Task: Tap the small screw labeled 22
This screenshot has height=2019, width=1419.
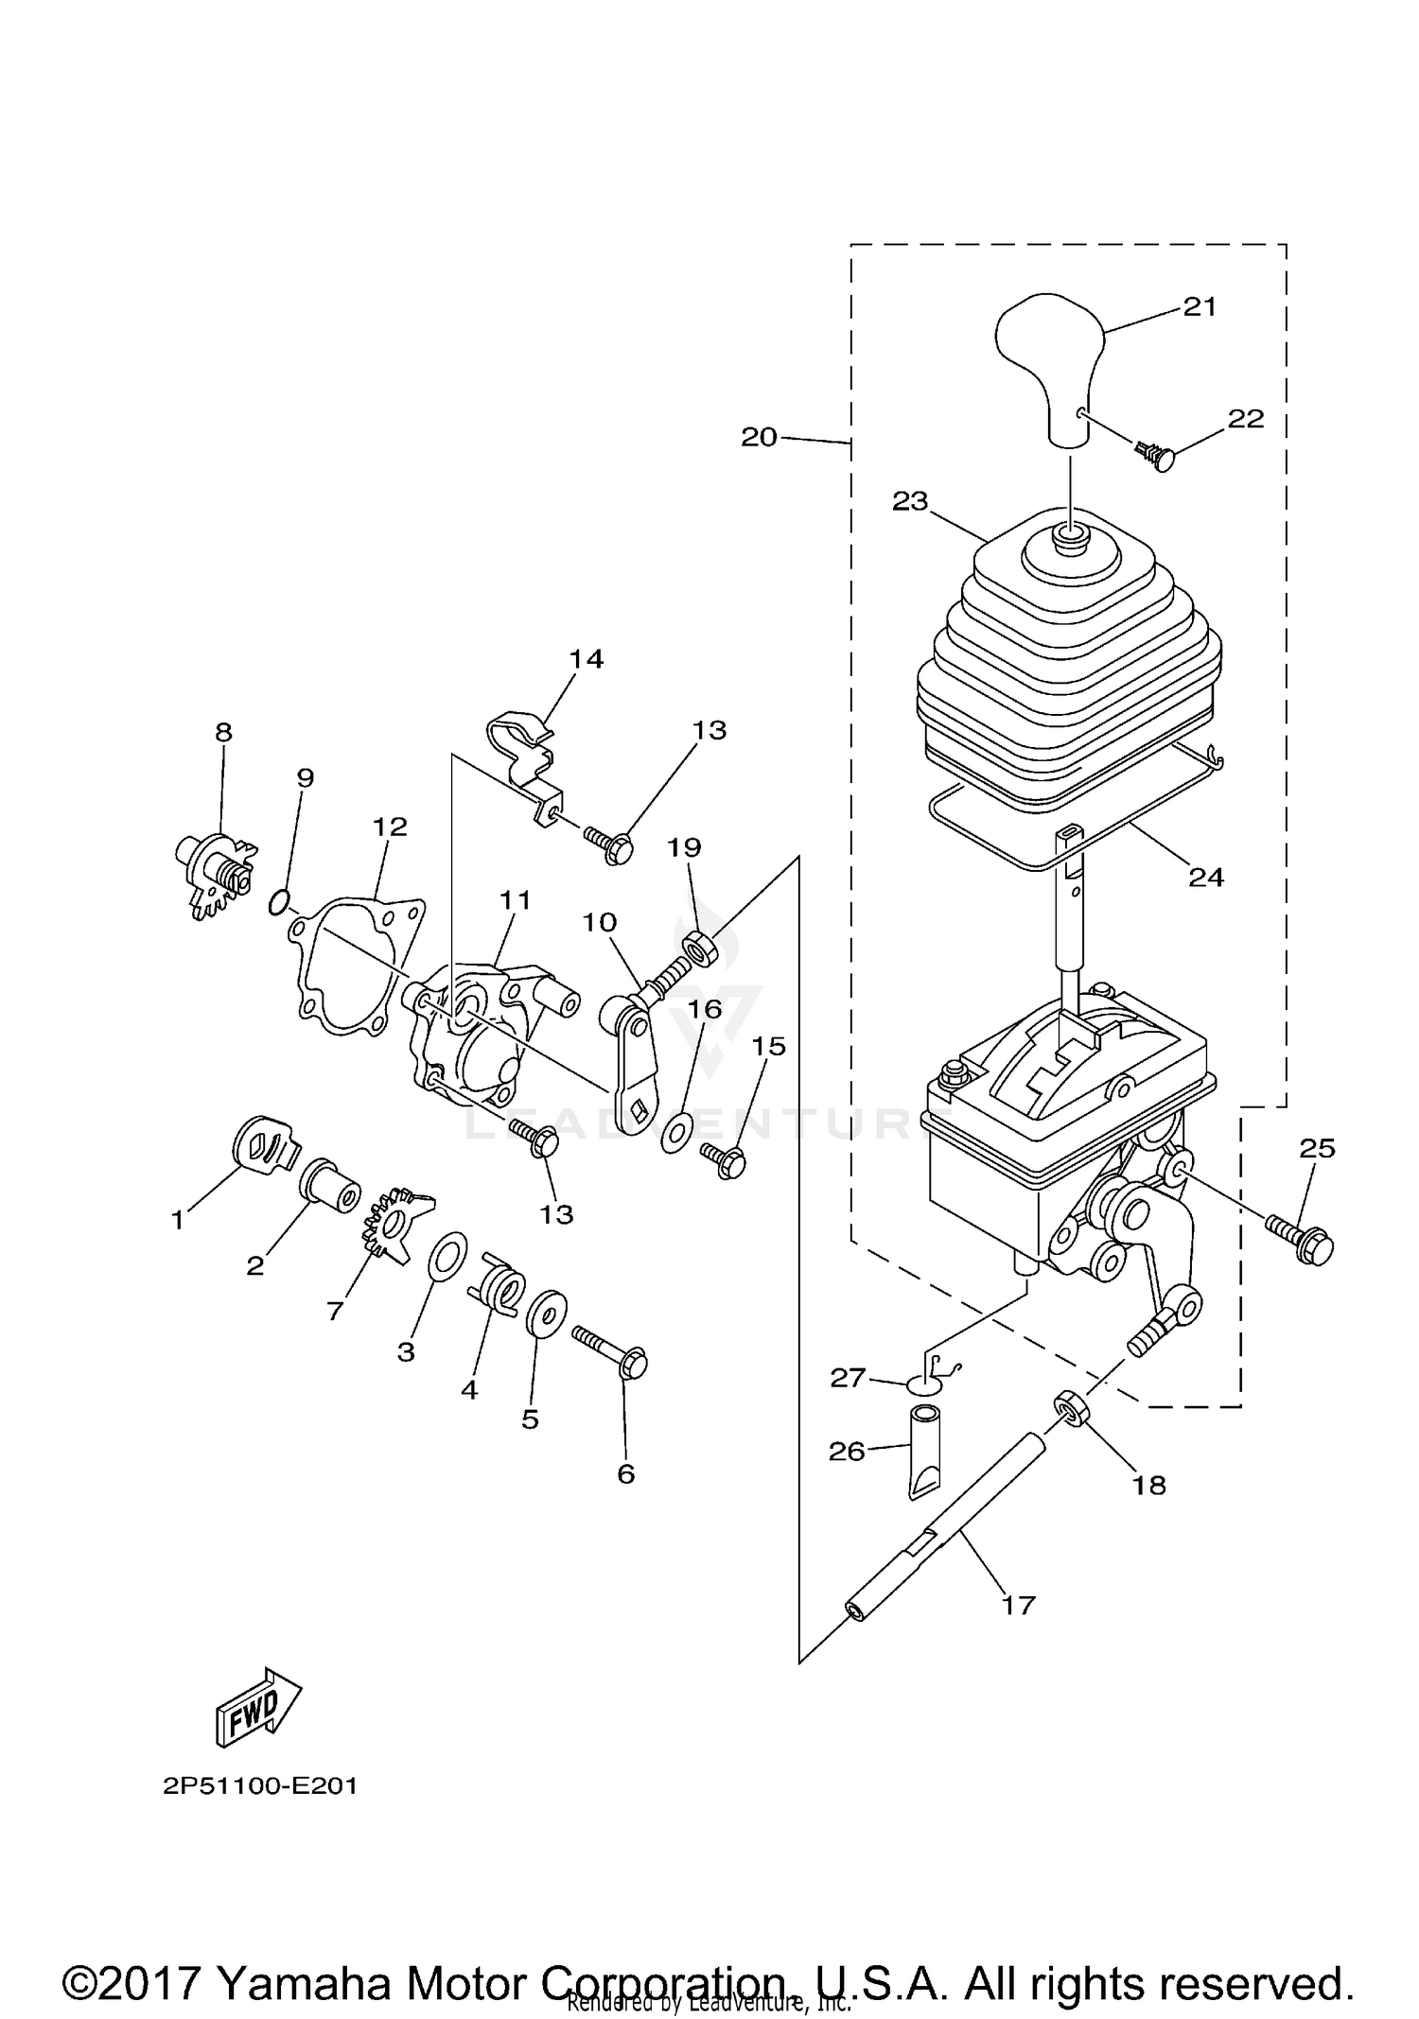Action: [x=1158, y=457]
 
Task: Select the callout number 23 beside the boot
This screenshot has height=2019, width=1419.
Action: [x=910, y=501]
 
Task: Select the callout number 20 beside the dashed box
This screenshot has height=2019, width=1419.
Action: [x=759, y=437]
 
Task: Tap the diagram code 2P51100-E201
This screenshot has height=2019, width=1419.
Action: [x=260, y=1786]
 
